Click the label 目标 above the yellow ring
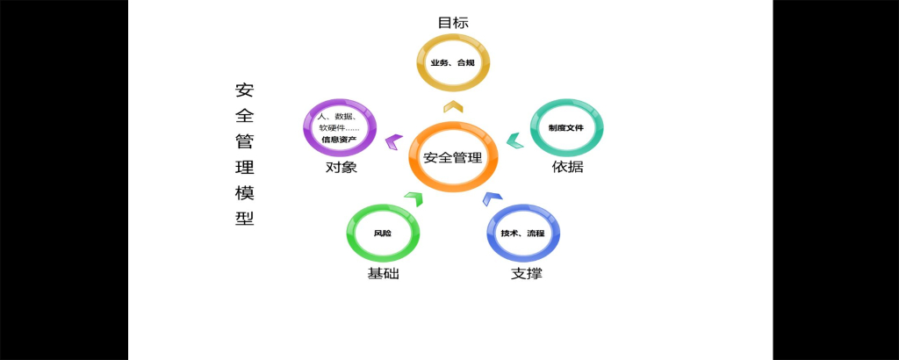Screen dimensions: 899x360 (x=452, y=23)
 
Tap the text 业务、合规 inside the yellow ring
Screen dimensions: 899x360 (x=452, y=64)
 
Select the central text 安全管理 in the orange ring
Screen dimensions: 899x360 (x=453, y=158)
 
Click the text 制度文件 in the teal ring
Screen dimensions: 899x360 (x=566, y=128)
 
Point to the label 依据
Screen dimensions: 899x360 (x=567, y=167)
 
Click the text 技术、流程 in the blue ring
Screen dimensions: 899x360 (x=523, y=234)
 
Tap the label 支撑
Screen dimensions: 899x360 (x=526, y=274)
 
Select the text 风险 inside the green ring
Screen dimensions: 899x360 (x=383, y=234)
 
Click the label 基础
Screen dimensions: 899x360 (x=383, y=274)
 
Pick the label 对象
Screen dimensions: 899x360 (x=341, y=167)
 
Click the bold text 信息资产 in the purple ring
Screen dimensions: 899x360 (x=339, y=139)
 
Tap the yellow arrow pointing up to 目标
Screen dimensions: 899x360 (x=452, y=107)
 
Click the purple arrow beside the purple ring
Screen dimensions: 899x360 (x=394, y=139)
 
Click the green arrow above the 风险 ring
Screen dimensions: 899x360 (x=414, y=198)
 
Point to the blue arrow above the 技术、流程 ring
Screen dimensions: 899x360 (x=492, y=198)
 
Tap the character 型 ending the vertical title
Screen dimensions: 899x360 (x=244, y=219)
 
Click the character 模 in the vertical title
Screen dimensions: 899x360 (x=244, y=193)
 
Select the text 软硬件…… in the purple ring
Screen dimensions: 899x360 (x=339, y=127)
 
